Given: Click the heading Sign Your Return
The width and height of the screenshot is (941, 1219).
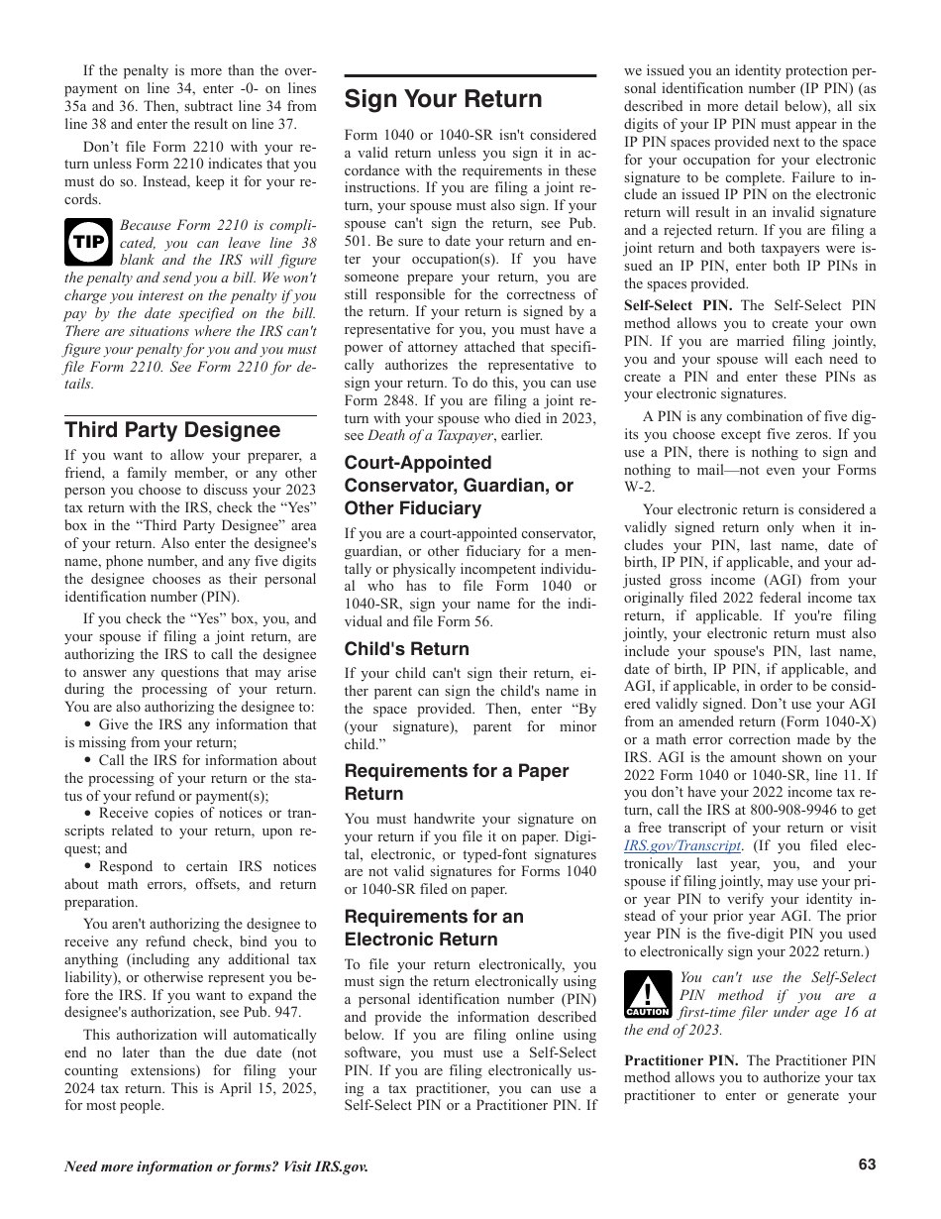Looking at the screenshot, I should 443,99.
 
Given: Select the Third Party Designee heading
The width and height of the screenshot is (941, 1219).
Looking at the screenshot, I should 172,430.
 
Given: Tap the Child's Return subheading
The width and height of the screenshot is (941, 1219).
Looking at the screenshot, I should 407,649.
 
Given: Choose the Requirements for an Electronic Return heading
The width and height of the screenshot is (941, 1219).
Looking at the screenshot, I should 434,928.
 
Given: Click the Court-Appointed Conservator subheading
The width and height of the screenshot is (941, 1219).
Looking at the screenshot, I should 459,486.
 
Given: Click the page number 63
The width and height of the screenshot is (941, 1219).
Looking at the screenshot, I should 867,1165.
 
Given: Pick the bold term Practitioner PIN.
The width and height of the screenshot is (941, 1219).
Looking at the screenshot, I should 680,1060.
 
